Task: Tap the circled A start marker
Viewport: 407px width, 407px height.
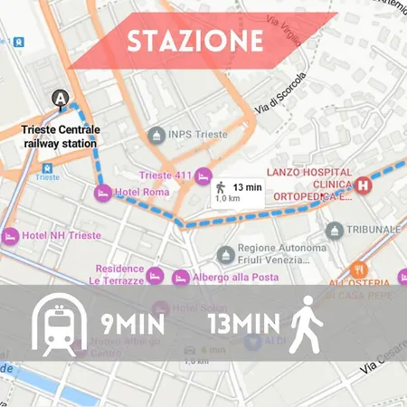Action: pyautogui.click(x=61, y=98)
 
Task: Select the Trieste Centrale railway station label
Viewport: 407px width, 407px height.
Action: pyautogui.click(x=62, y=136)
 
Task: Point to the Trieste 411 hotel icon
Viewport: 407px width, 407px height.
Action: pyautogui.click(x=204, y=175)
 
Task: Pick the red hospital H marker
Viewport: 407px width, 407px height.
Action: pyautogui.click(x=364, y=185)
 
